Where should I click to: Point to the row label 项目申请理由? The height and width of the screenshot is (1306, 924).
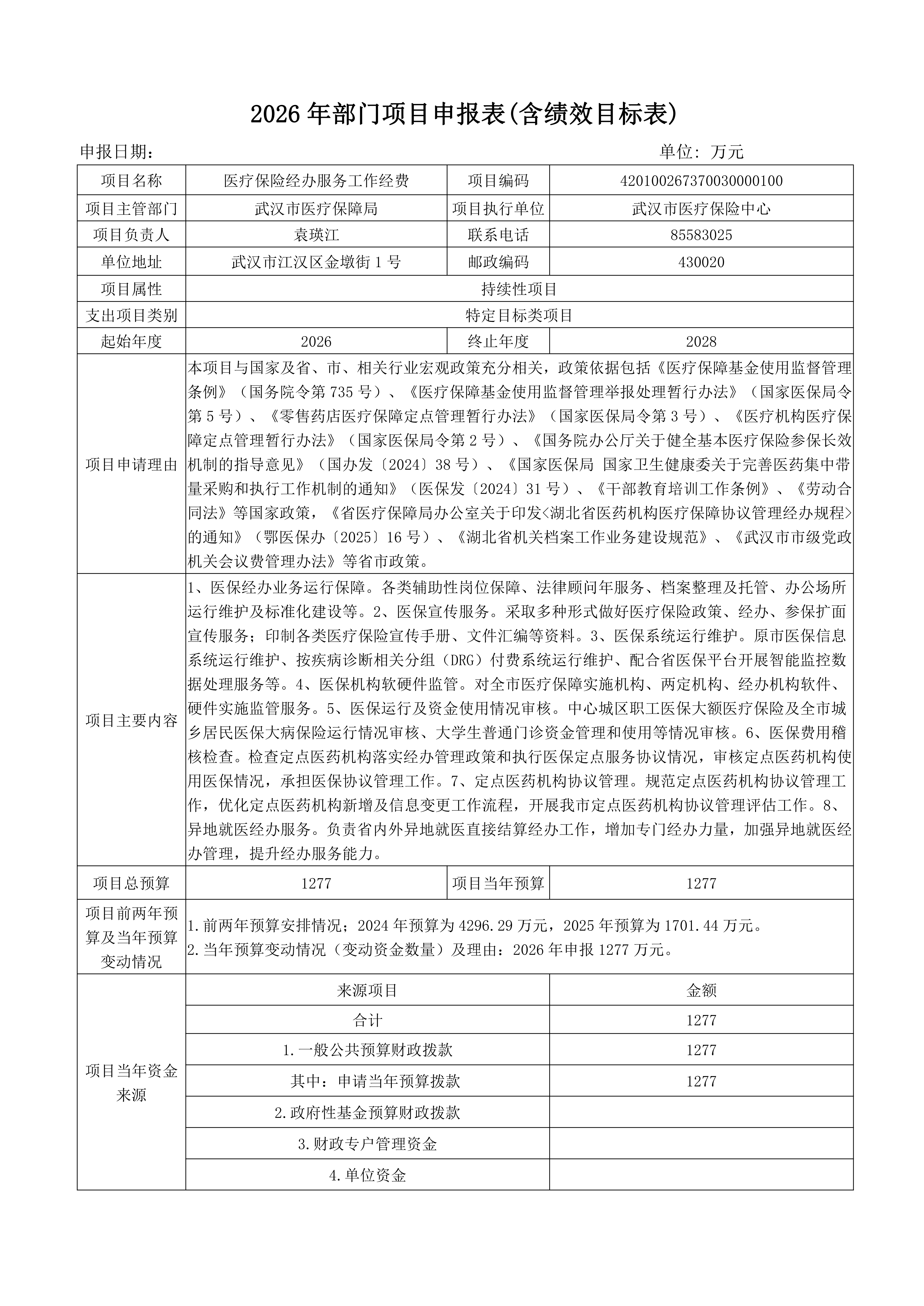(x=132, y=465)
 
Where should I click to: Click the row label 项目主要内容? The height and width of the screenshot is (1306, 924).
(x=132, y=721)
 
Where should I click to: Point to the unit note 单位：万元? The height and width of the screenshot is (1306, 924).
(x=701, y=152)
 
